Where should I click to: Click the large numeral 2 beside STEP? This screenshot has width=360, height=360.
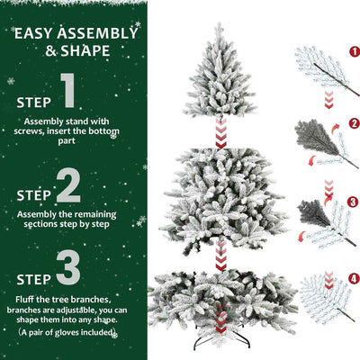(x=68, y=187)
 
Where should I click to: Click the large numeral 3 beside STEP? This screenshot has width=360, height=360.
(x=68, y=268)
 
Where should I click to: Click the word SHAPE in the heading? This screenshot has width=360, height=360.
(x=90, y=51)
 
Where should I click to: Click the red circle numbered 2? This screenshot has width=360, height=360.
(x=354, y=122)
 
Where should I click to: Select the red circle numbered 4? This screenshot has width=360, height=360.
(x=354, y=278)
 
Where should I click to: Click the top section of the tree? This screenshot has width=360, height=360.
(x=220, y=81)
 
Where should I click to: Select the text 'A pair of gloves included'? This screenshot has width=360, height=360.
(x=68, y=333)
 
